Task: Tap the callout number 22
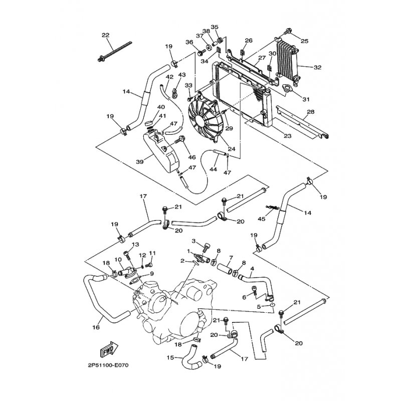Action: tap(105, 35)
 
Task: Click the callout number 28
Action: tap(311, 112)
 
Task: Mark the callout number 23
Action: tap(288, 135)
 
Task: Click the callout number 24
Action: tap(232, 148)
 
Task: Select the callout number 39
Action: tap(139, 162)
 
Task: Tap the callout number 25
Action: tap(304, 41)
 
